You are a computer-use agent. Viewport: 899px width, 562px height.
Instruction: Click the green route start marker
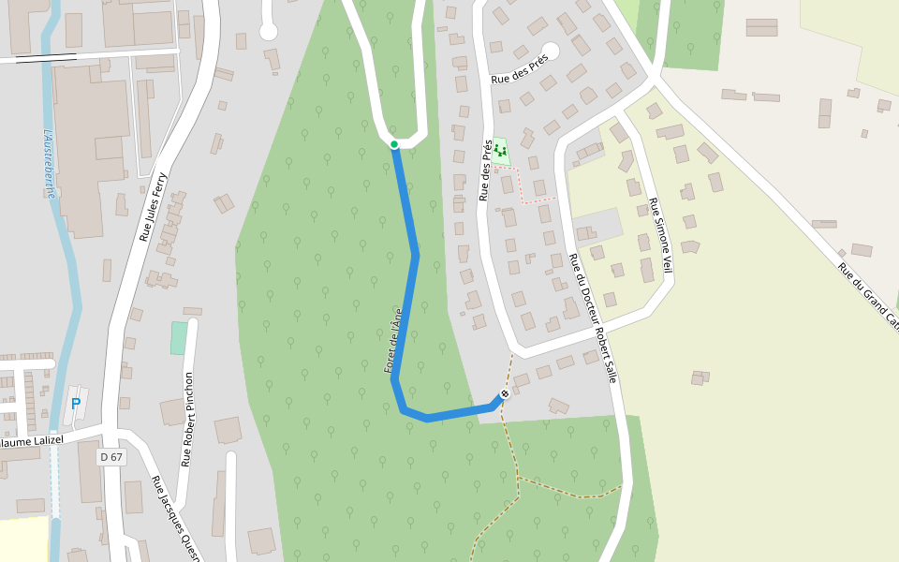pyautogui.click(x=394, y=144)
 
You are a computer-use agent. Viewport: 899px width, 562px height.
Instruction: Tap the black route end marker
pyautogui.click(x=505, y=393)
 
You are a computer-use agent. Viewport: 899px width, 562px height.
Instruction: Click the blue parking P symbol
pyautogui.click(x=76, y=404)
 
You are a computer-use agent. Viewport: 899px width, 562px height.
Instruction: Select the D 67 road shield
pyautogui.click(x=111, y=457)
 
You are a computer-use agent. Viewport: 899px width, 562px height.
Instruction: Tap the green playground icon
pyautogui.click(x=500, y=149)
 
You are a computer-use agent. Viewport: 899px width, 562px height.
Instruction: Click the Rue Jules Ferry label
pyautogui.click(x=153, y=207)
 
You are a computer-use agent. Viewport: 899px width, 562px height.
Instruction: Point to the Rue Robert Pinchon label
pyautogui.click(x=187, y=419)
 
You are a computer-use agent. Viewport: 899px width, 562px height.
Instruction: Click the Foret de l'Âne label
pyautogui.click(x=393, y=341)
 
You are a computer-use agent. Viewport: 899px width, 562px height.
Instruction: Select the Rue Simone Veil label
pyautogui.click(x=662, y=236)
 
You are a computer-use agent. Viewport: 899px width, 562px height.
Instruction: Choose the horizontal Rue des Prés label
pyautogui.click(x=520, y=67)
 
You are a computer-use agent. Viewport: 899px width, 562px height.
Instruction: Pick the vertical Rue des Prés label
pyautogui.click(x=485, y=170)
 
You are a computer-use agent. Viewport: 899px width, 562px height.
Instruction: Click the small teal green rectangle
pyautogui.click(x=178, y=338)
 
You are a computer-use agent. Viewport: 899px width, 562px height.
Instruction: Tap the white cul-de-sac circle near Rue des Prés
pyautogui.click(x=551, y=51)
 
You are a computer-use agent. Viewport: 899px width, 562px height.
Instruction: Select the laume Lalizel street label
pyautogui.click(x=32, y=440)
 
